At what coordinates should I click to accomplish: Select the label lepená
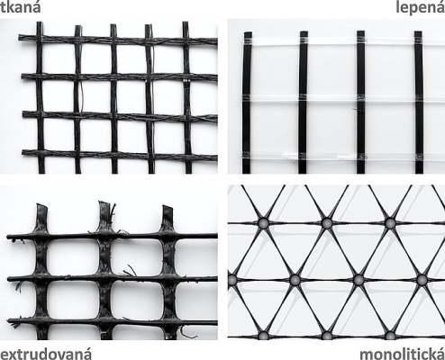pos(420,8)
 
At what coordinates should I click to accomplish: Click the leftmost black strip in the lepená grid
pos(247,99)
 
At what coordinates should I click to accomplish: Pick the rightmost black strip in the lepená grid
pos(418,99)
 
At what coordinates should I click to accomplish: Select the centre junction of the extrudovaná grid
pos(104,279)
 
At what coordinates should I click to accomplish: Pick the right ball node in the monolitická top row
pos(390,221)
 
